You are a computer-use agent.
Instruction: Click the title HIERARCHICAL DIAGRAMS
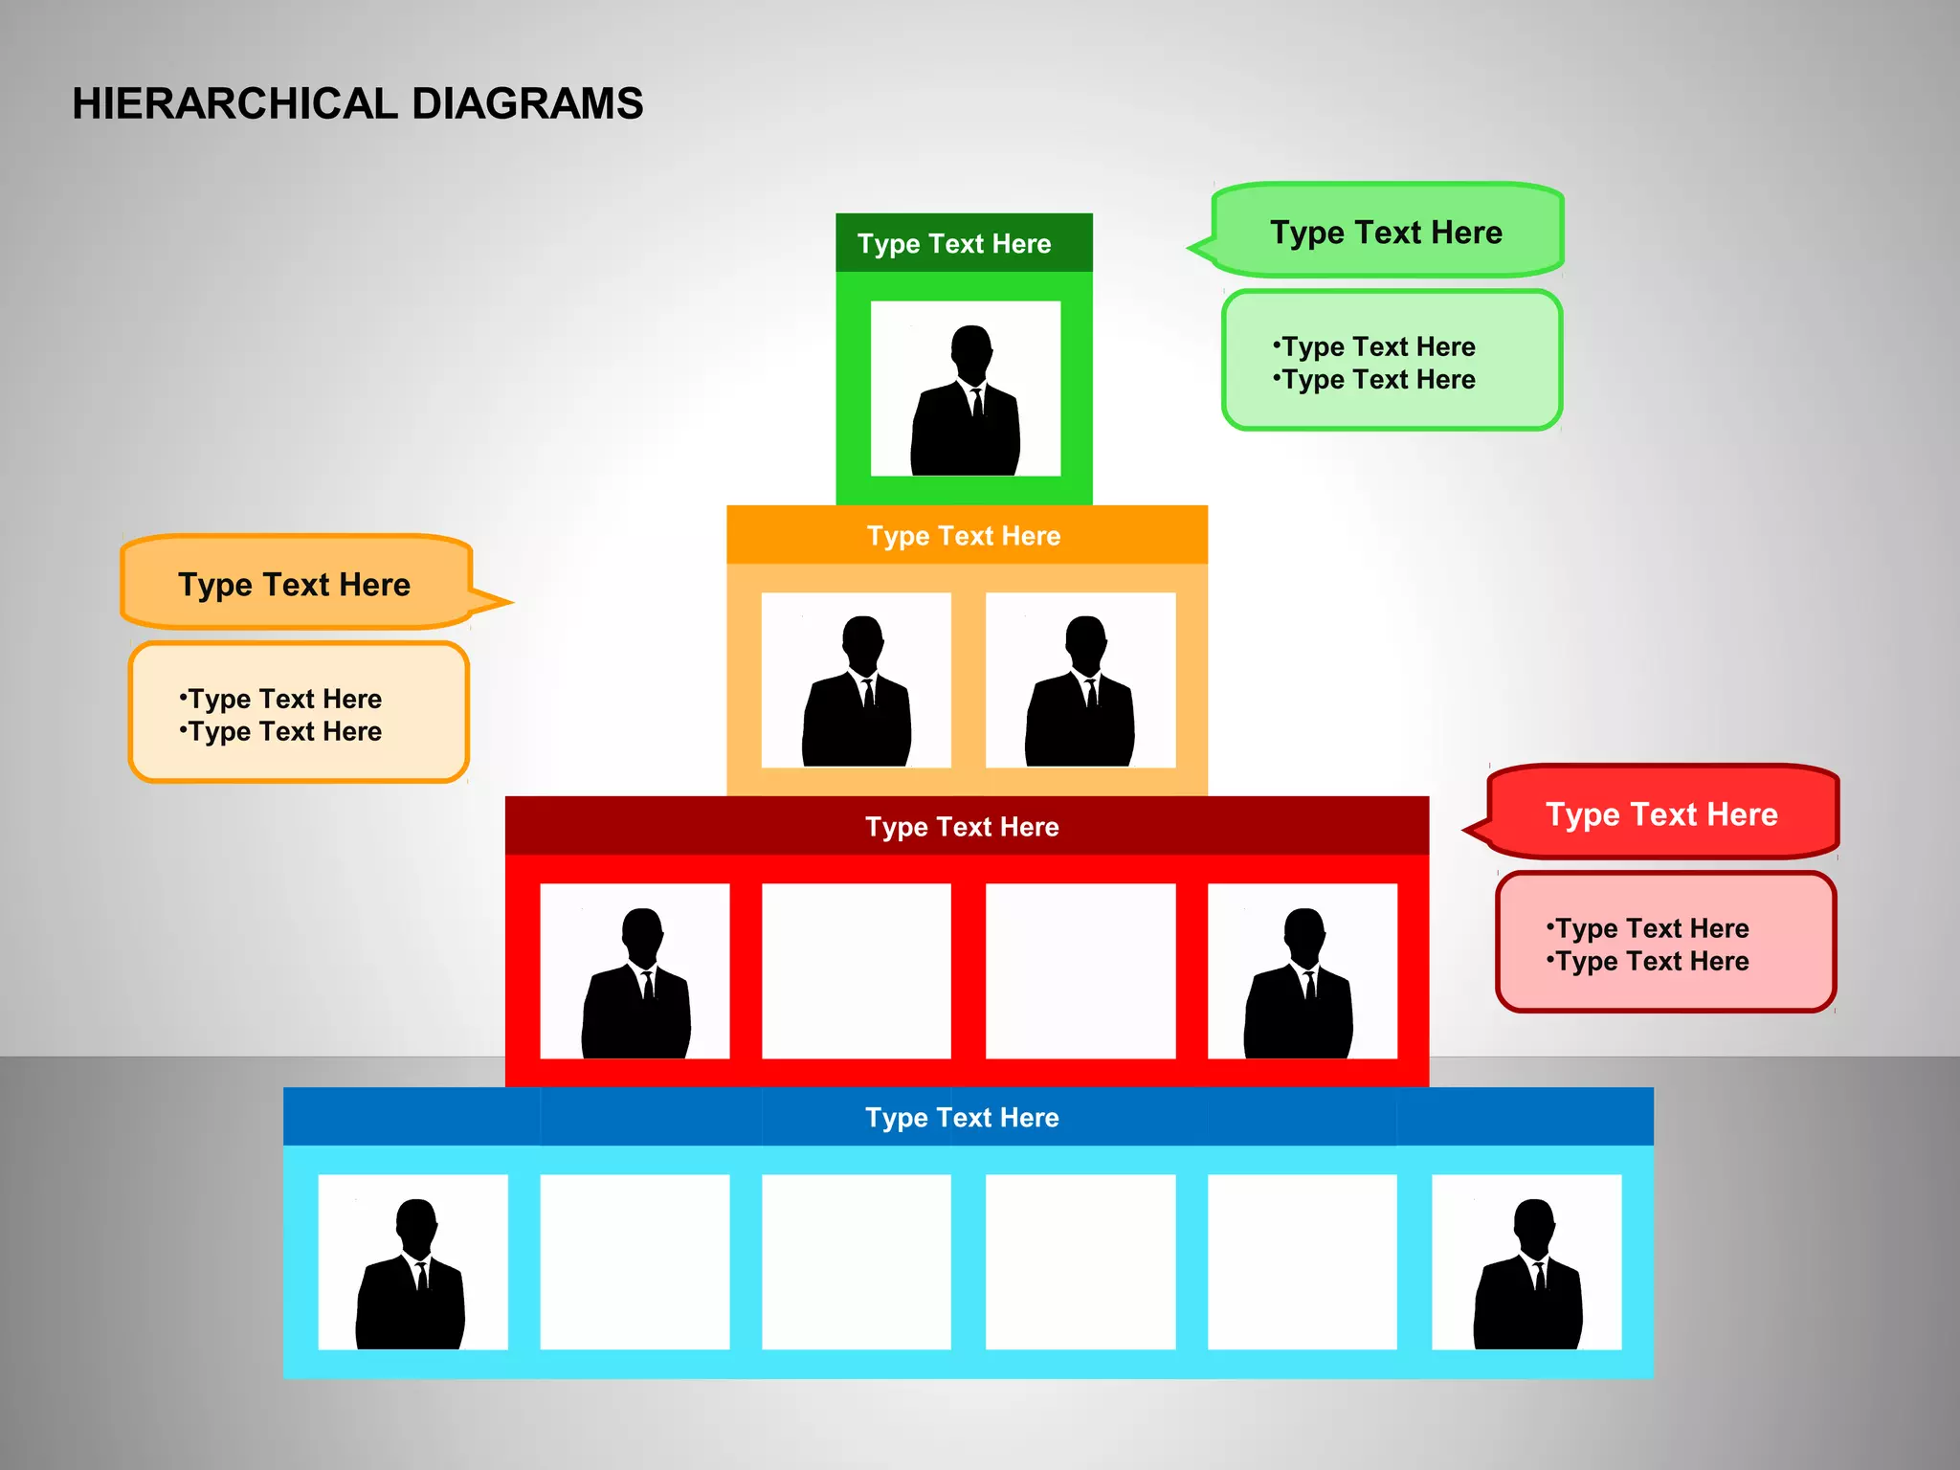pos(357,103)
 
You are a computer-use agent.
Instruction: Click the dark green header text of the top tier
pos(954,243)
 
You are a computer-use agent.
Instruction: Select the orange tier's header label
pos(964,535)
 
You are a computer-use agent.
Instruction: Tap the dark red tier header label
pos(962,826)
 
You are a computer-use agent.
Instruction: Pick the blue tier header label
pos(962,1117)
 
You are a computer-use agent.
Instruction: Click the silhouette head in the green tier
pos(971,348)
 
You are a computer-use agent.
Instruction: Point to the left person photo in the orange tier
pos(857,680)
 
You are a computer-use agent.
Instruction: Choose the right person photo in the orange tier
pos(1080,680)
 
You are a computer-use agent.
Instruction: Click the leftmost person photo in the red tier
pos(635,971)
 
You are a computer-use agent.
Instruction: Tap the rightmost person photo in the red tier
pos(1302,971)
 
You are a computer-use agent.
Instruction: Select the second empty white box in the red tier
pos(1080,971)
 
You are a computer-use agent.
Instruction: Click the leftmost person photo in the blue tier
pos(412,1262)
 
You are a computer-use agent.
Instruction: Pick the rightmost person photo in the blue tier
pos(1526,1262)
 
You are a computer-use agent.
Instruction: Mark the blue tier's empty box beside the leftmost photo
pos(635,1262)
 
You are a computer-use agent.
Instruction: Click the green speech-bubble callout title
pos(1386,232)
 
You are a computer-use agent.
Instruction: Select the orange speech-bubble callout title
pos(294,584)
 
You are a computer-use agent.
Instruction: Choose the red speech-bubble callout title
pos(1661,813)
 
